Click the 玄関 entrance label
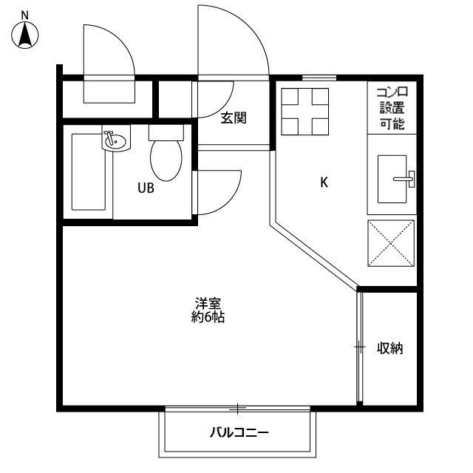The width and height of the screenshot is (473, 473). click(x=233, y=118)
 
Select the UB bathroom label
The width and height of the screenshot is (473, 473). click(x=146, y=188)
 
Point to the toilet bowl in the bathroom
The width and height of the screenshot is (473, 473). click(x=166, y=159)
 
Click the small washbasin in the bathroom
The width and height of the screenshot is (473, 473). click(x=115, y=140)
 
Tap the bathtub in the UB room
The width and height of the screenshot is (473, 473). click(x=88, y=171)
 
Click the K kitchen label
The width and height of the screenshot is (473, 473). click(x=323, y=183)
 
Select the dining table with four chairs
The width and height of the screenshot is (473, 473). click(x=304, y=111)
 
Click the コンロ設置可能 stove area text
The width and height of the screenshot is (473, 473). click(x=392, y=107)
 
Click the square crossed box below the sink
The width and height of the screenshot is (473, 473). click(x=392, y=242)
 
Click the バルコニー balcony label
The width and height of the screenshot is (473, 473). click(x=238, y=432)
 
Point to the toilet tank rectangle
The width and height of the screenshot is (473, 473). click(x=166, y=132)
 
